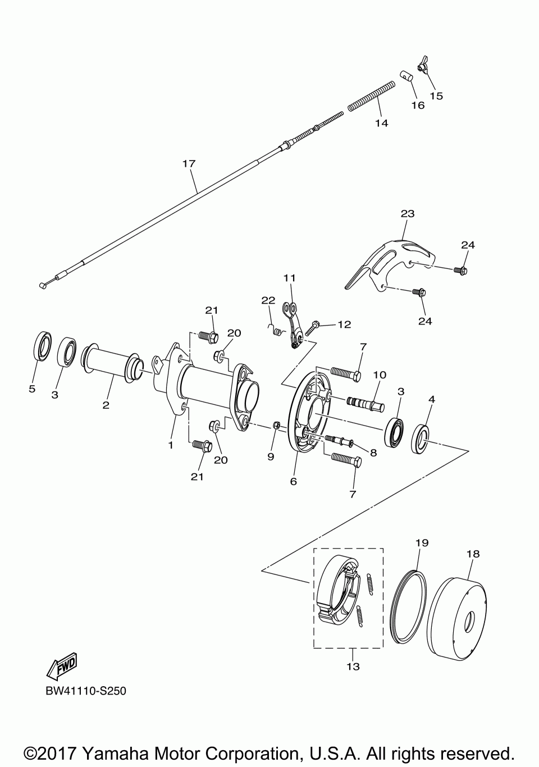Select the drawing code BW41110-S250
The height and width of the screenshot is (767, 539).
coord(86,691)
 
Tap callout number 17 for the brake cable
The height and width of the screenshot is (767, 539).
coord(189,163)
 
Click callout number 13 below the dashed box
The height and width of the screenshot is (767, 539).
coord(353,666)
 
